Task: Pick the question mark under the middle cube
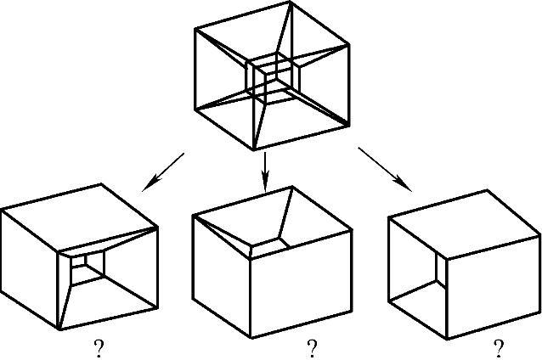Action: (x=312, y=348)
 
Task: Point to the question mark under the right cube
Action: (x=498, y=348)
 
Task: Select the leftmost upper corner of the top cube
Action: (x=195, y=29)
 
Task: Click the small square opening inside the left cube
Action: (x=88, y=268)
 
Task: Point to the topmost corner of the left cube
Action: (x=104, y=183)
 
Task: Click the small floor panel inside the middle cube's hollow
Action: (x=270, y=245)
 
